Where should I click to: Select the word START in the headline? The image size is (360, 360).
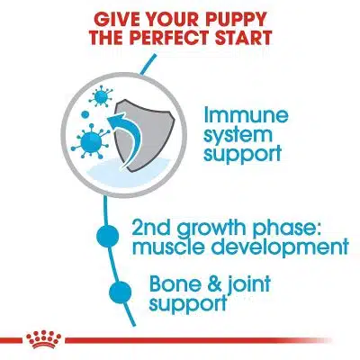point(243,37)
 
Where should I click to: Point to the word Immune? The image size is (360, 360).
point(246,115)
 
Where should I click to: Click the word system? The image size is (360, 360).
point(238,135)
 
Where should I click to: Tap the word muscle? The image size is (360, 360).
point(169,247)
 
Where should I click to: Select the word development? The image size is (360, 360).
point(279,247)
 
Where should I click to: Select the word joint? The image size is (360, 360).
point(247,285)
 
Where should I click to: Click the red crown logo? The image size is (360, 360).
point(44,338)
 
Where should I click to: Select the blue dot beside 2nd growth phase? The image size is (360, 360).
point(108,236)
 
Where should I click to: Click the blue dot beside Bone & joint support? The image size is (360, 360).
point(121,292)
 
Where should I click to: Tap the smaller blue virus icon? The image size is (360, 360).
point(101,95)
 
